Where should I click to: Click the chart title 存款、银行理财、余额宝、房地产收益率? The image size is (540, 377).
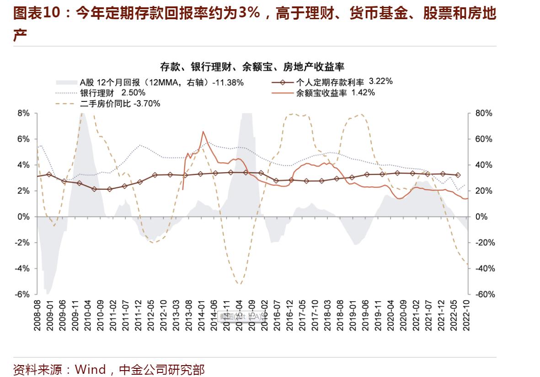click(252, 67)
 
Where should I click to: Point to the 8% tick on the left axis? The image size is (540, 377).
click(23, 113)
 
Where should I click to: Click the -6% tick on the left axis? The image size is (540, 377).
click(22, 294)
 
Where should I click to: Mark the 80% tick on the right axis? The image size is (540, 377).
click(483, 113)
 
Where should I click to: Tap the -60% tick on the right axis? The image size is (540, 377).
click(485, 294)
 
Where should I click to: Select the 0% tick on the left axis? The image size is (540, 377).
click(23, 217)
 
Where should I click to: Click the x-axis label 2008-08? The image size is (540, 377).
click(37, 315)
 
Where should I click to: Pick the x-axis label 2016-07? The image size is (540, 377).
click(276, 315)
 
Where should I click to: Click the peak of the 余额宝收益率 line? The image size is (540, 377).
click(203, 132)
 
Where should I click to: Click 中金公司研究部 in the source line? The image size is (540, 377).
click(161, 369)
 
